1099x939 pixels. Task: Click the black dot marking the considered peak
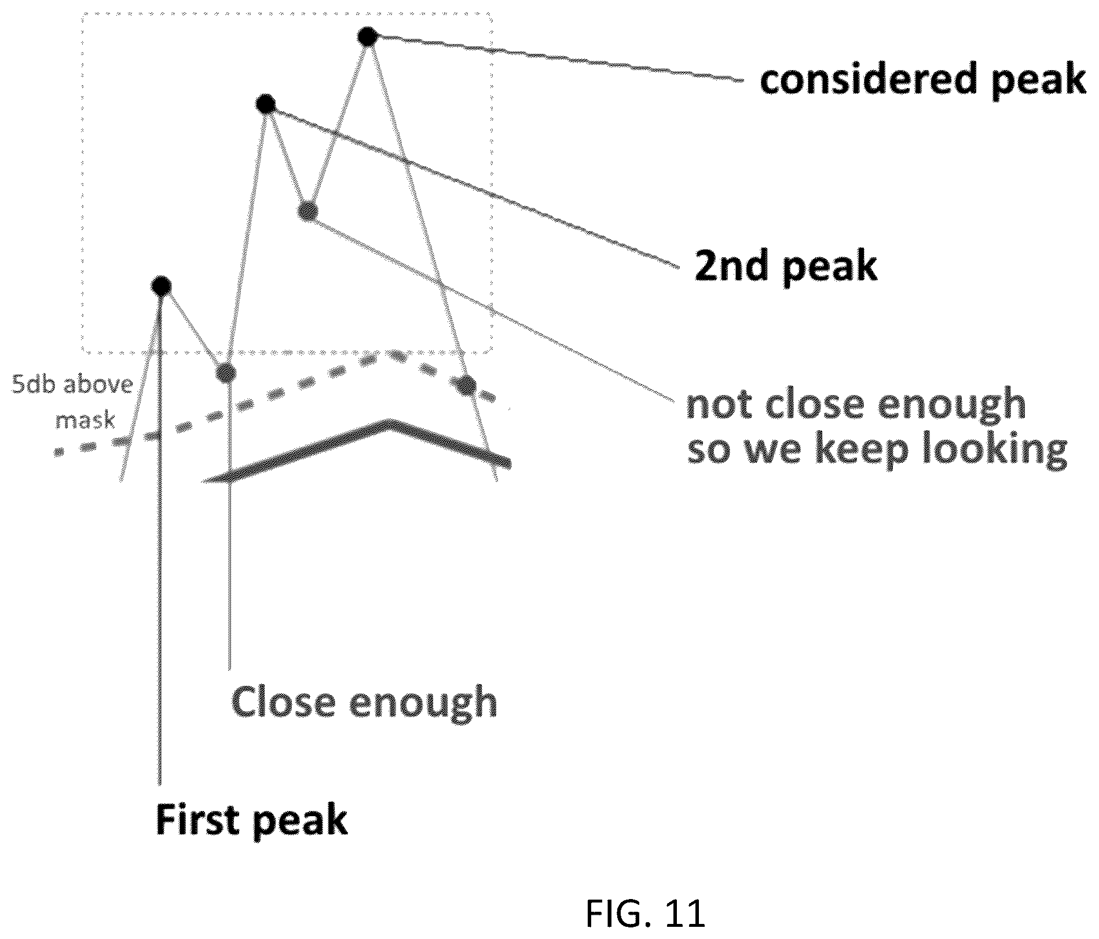[367, 36]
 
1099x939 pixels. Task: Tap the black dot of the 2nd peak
[266, 104]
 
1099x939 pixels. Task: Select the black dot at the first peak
[161, 285]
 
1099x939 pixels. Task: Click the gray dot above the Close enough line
[226, 372]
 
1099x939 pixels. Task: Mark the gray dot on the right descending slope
[467, 383]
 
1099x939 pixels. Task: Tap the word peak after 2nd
[830, 267]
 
